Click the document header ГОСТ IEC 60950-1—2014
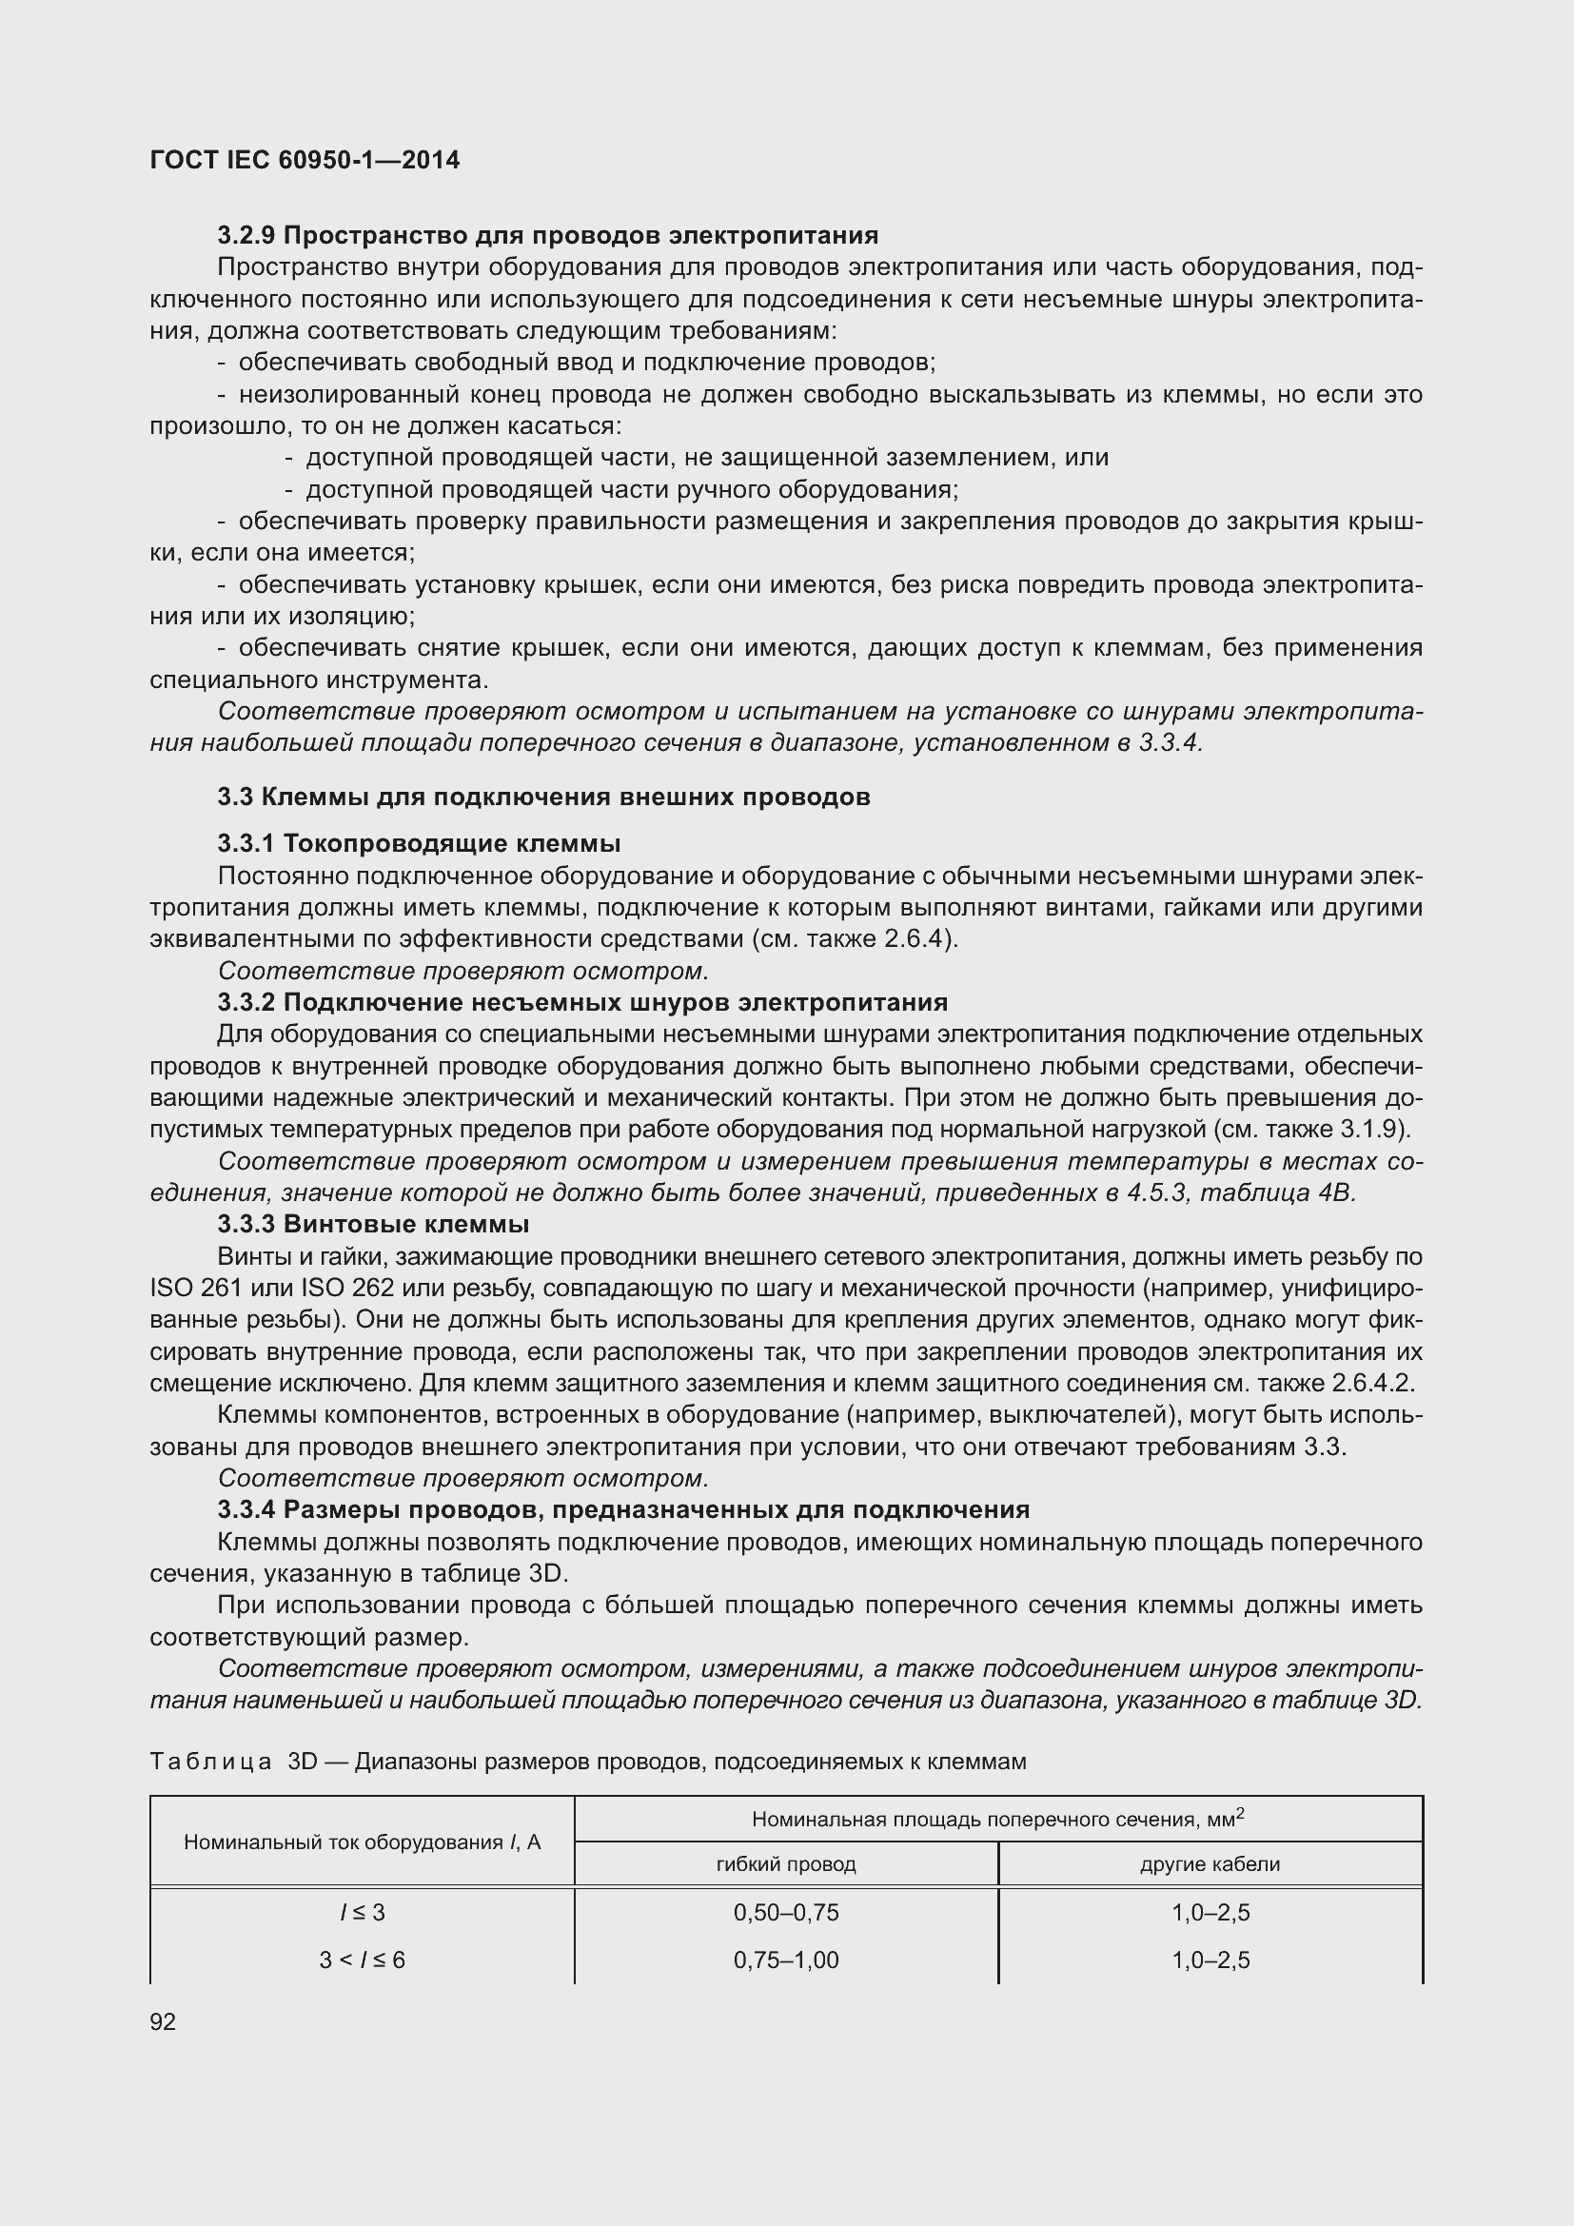coord(305,160)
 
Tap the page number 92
coord(163,2021)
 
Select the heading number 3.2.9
coord(246,236)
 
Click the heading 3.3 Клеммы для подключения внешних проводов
coord(543,797)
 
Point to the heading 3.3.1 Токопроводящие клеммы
coord(419,843)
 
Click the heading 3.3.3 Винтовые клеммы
coord(373,1225)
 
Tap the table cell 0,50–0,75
coord(786,1912)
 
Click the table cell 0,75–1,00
coord(786,1960)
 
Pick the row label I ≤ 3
coord(363,1912)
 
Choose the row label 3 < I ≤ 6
coord(363,1960)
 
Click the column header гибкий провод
coord(786,1863)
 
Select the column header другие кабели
coord(1210,1863)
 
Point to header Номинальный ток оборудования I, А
coord(363,1842)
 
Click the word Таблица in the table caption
coord(210,1762)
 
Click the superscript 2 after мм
coord(1240,1812)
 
